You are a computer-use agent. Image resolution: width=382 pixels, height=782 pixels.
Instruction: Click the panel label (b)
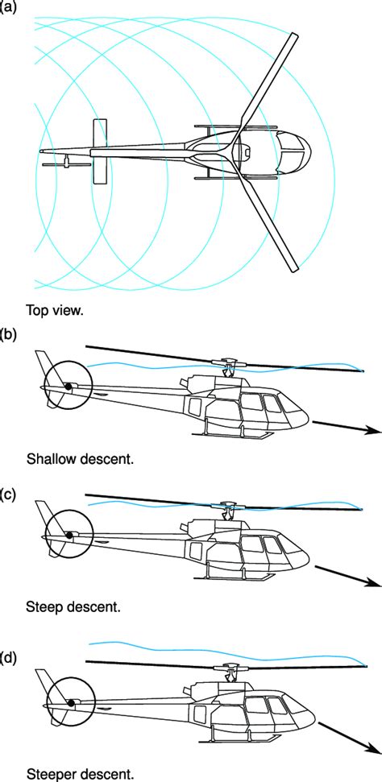(11, 333)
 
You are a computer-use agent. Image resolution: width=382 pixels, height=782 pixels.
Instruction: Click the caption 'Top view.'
(53, 309)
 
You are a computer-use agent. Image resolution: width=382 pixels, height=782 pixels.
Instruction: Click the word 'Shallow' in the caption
(50, 459)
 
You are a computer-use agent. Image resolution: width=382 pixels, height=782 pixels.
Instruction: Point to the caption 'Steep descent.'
(74, 604)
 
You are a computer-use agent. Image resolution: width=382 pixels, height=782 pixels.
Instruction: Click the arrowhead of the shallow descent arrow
(374, 431)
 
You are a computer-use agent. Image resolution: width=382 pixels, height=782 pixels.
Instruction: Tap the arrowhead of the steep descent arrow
(374, 582)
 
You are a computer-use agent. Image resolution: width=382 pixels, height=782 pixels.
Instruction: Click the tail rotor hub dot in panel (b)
(69, 388)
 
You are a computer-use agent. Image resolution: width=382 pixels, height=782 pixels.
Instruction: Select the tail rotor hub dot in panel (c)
(69, 535)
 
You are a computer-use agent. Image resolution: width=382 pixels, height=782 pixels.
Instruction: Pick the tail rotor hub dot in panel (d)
(71, 702)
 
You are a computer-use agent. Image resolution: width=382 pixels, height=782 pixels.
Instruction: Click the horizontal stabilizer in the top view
(100, 151)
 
